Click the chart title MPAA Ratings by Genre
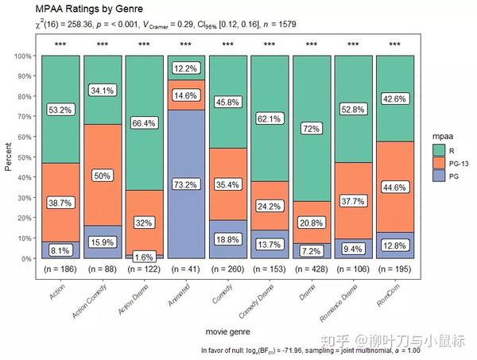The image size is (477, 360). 90,9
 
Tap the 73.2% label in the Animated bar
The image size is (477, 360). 185,185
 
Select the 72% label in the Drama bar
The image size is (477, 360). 310,129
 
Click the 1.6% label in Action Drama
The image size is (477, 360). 144,257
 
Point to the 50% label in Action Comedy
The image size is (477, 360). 102,176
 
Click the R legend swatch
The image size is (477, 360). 437,149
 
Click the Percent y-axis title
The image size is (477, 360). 8,156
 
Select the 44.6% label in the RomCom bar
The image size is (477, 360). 394,188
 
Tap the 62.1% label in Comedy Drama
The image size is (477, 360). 269,119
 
